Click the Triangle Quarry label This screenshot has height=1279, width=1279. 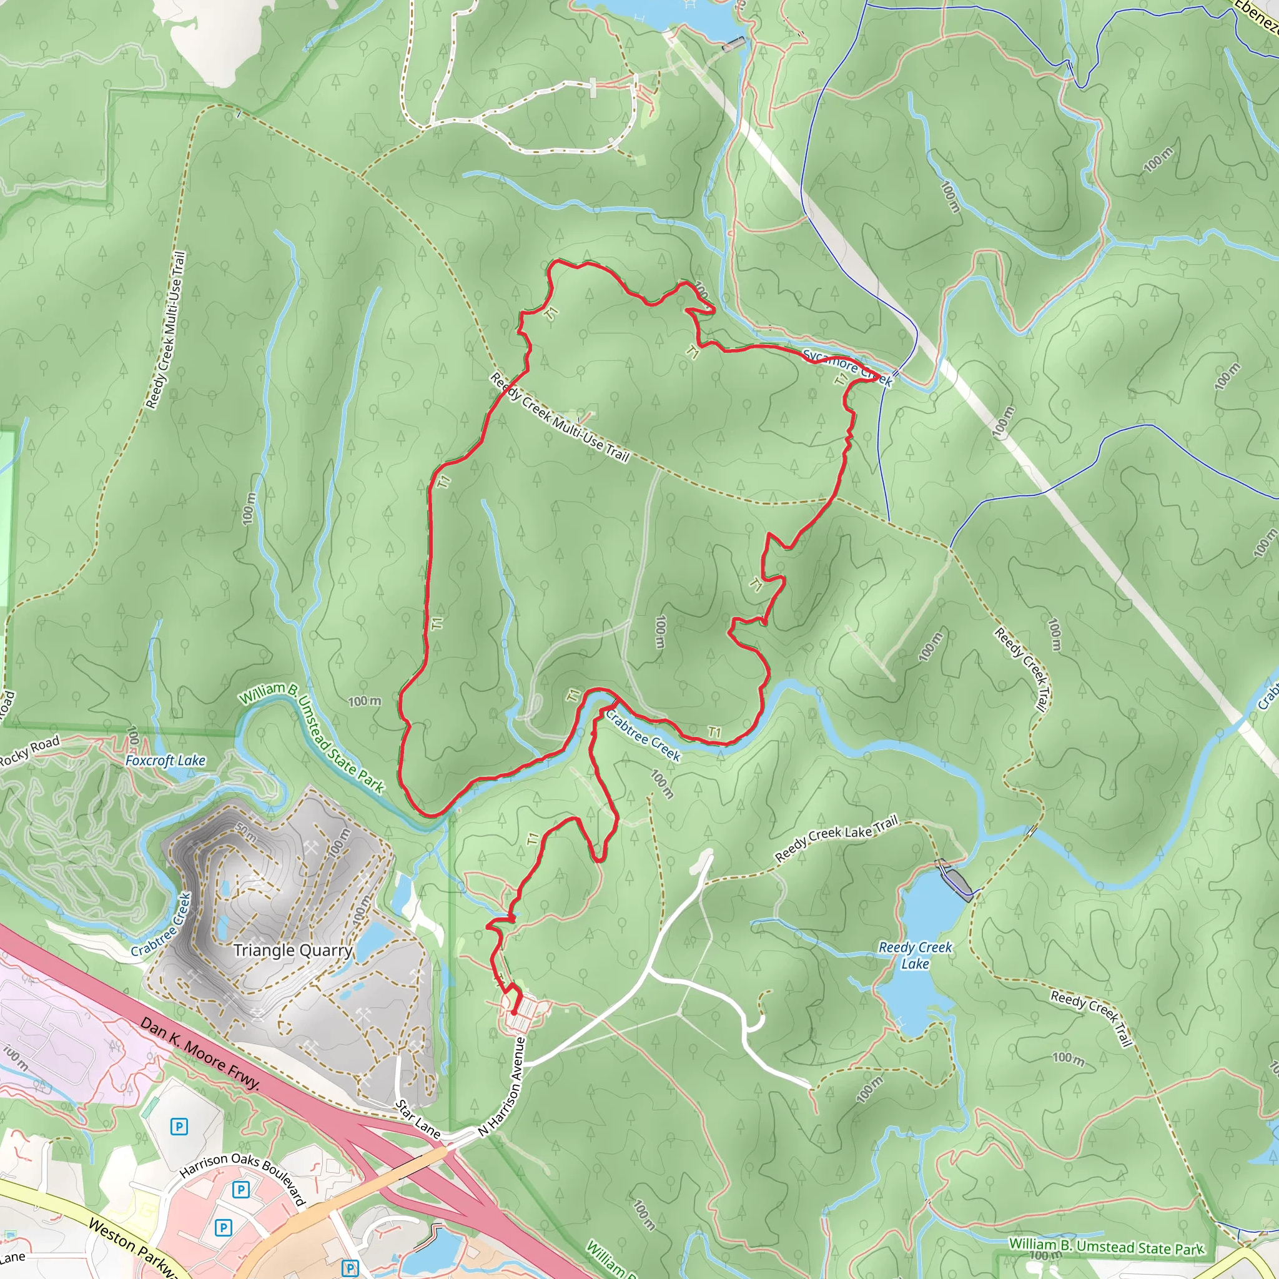(293, 950)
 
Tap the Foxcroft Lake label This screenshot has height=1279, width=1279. (165, 761)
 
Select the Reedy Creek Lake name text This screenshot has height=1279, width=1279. (915, 956)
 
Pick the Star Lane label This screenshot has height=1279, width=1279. (418, 1119)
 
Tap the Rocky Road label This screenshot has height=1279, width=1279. (30, 752)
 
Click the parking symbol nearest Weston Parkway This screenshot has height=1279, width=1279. (224, 1228)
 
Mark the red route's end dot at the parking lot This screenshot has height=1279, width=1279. (514, 1012)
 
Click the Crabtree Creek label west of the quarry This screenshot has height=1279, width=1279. (161, 925)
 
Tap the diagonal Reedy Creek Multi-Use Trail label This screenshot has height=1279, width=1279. (560, 417)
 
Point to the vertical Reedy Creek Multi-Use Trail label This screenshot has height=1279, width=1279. (165, 330)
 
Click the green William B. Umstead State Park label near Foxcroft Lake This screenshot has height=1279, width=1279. (311, 738)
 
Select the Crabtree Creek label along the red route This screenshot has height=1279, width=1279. (643, 736)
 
